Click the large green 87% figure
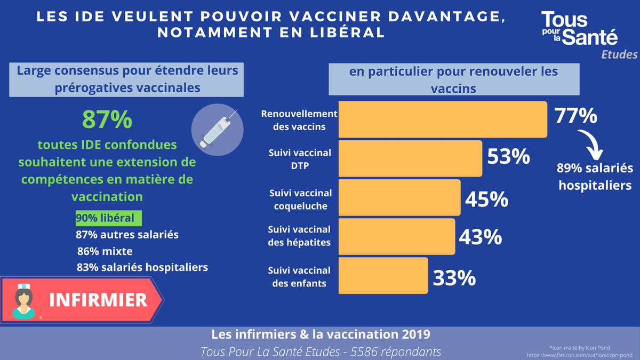point(107,120)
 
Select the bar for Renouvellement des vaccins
point(443,119)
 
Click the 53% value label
point(508,158)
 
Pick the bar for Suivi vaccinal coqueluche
point(399,197)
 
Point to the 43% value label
point(480,237)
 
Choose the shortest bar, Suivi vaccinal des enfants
point(383,275)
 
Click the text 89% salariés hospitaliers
point(593,177)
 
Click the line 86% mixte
point(105,251)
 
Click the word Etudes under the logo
point(619,55)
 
